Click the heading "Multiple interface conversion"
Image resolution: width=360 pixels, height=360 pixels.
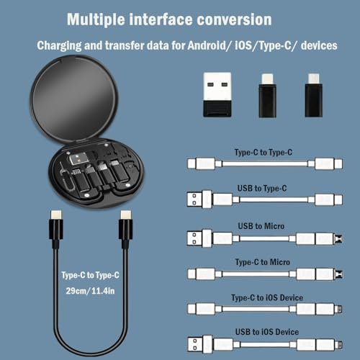tap(170, 19)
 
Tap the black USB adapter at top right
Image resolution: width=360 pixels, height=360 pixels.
tap(218, 96)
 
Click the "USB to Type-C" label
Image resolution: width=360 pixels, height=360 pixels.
tap(262, 189)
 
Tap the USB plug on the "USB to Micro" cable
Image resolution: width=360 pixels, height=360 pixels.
tap(199, 238)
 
